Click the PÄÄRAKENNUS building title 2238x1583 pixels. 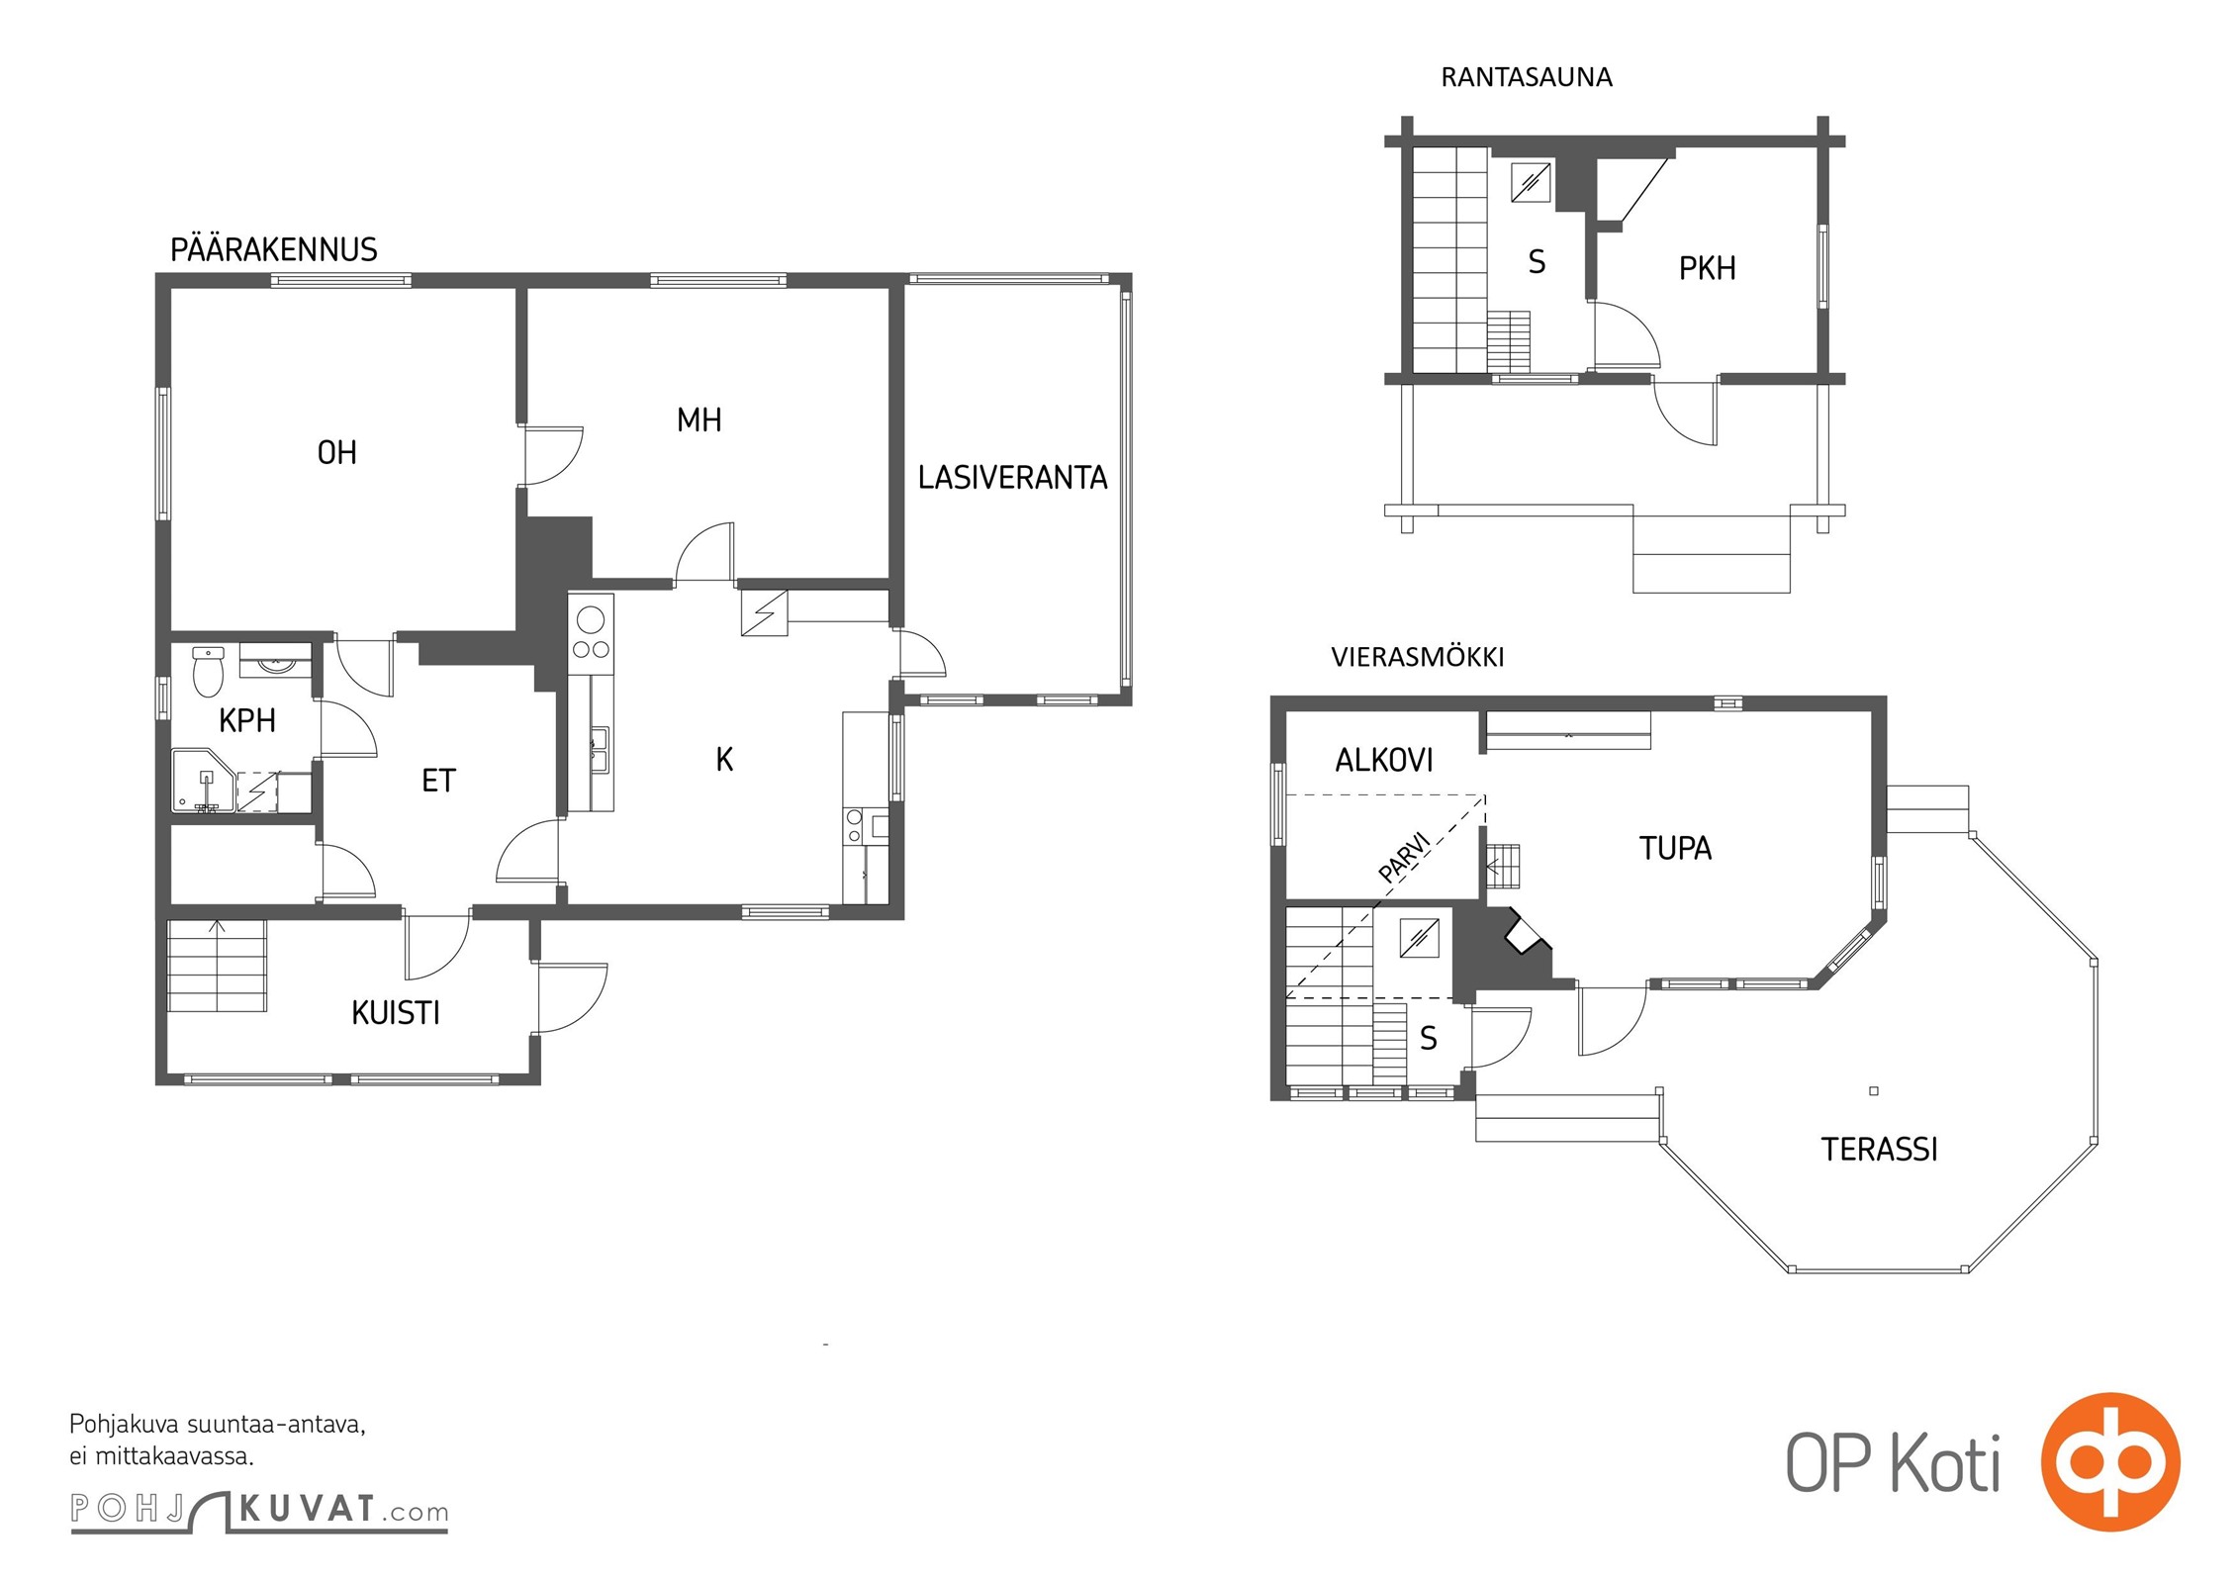click(x=274, y=249)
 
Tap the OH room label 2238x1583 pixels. click(x=336, y=453)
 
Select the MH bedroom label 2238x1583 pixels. click(x=699, y=420)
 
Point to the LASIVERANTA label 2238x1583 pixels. click(x=1012, y=478)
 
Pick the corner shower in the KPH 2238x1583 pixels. click(x=204, y=781)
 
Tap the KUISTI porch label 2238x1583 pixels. click(x=396, y=1013)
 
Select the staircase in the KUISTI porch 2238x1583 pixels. click(x=218, y=966)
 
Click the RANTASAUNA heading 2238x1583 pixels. click(x=1527, y=77)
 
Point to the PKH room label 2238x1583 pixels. click(x=1707, y=268)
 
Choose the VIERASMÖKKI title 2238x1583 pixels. click(x=1417, y=657)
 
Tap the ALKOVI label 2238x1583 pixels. click(x=1384, y=760)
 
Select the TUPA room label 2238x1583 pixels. click(x=1675, y=848)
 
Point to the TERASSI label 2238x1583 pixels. click(x=1879, y=1149)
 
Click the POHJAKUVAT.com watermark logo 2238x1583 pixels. click(x=259, y=1510)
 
